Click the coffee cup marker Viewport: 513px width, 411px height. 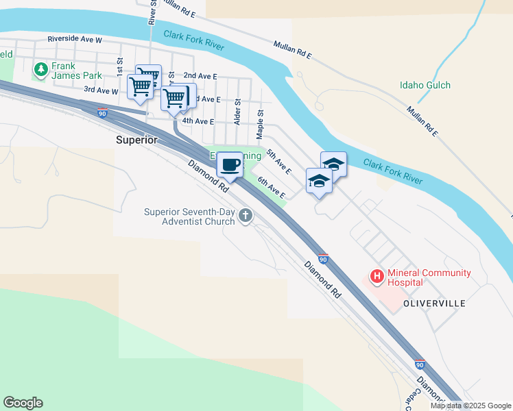pyautogui.click(x=230, y=165)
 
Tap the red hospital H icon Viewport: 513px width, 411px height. pyautogui.click(x=377, y=277)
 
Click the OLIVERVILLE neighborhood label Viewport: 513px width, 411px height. pyautogui.click(x=435, y=303)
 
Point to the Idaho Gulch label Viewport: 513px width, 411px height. pyautogui.click(x=425, y=86)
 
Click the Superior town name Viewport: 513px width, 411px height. pyautogui.click(x=136, y=139)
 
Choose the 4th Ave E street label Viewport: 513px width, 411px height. pyautogui.click(x=194, y=121)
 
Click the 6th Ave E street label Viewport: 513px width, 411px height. pyautogui.click(x=272, y=188)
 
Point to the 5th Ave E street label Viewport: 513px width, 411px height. pyautogui.click(x=279, y=162)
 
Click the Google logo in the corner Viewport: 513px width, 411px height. pyautogui.click(x=23, y=403)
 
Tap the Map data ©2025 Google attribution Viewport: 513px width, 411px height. pyautogui.click(x=470, y=406)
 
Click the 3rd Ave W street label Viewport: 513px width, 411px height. pyautogui.click(x=101, y=90)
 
